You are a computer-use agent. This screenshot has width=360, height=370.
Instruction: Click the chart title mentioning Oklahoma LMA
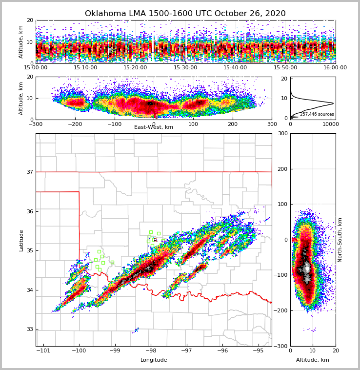tap(185, 14)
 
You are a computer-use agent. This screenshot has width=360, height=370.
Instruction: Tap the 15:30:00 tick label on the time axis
tap(185, 68)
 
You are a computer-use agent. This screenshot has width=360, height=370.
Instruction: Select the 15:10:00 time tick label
tap(85, 68)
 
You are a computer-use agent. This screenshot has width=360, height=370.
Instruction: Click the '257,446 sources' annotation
tap(317, 114)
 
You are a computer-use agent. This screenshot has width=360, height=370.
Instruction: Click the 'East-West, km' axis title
tap(154, 127)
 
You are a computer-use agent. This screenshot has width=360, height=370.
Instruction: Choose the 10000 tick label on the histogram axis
tap(330, 124)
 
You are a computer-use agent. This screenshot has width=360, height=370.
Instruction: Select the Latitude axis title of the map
tap(21, 240)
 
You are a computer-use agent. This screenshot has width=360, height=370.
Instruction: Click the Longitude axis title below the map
tap(154, 360)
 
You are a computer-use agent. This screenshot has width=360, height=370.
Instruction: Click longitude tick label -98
tap(150, 351)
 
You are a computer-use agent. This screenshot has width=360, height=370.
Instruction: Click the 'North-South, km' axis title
tap(340, 240)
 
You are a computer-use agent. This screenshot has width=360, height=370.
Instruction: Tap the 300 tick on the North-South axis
tap(282, 134)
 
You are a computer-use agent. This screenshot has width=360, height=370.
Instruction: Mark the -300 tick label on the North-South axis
tap(281, 346)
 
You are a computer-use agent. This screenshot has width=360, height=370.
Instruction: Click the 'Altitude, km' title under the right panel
tap(313, 360)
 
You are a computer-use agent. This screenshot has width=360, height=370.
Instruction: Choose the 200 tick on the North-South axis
tap(282, 169)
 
